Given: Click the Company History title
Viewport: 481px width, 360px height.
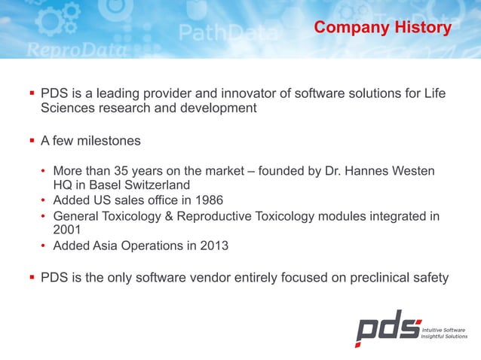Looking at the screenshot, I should (382, 28).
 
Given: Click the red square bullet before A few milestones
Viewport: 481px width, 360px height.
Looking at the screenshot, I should (32, 141).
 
